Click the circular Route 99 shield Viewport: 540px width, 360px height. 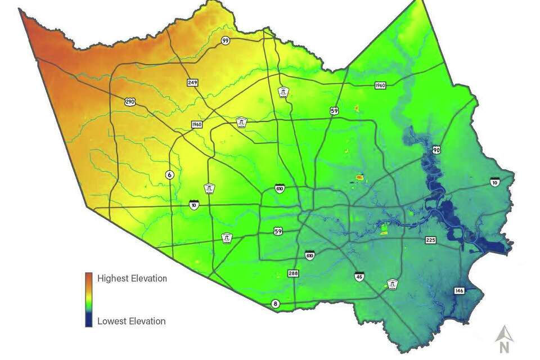(225, 40)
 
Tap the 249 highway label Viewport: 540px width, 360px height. (192, 83)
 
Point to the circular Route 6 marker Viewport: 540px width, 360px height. (169, 175)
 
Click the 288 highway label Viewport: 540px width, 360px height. (293, 273)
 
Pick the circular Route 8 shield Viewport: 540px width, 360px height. (275, 304)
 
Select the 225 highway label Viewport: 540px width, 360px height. (430, 240)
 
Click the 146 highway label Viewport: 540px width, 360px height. (460, 291)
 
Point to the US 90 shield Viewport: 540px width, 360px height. (436, 150)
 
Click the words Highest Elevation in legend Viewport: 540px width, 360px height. (132, 278)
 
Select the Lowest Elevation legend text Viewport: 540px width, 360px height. (131, 321)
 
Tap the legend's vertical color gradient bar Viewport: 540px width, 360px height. (88, 299)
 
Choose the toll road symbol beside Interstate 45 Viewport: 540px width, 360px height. (393, 285)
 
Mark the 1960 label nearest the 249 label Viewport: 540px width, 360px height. (196, 124)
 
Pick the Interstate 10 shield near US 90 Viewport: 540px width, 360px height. (494, 181)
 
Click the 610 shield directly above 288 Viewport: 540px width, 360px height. (310, 255)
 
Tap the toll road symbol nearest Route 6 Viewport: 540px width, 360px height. (209, 188)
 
